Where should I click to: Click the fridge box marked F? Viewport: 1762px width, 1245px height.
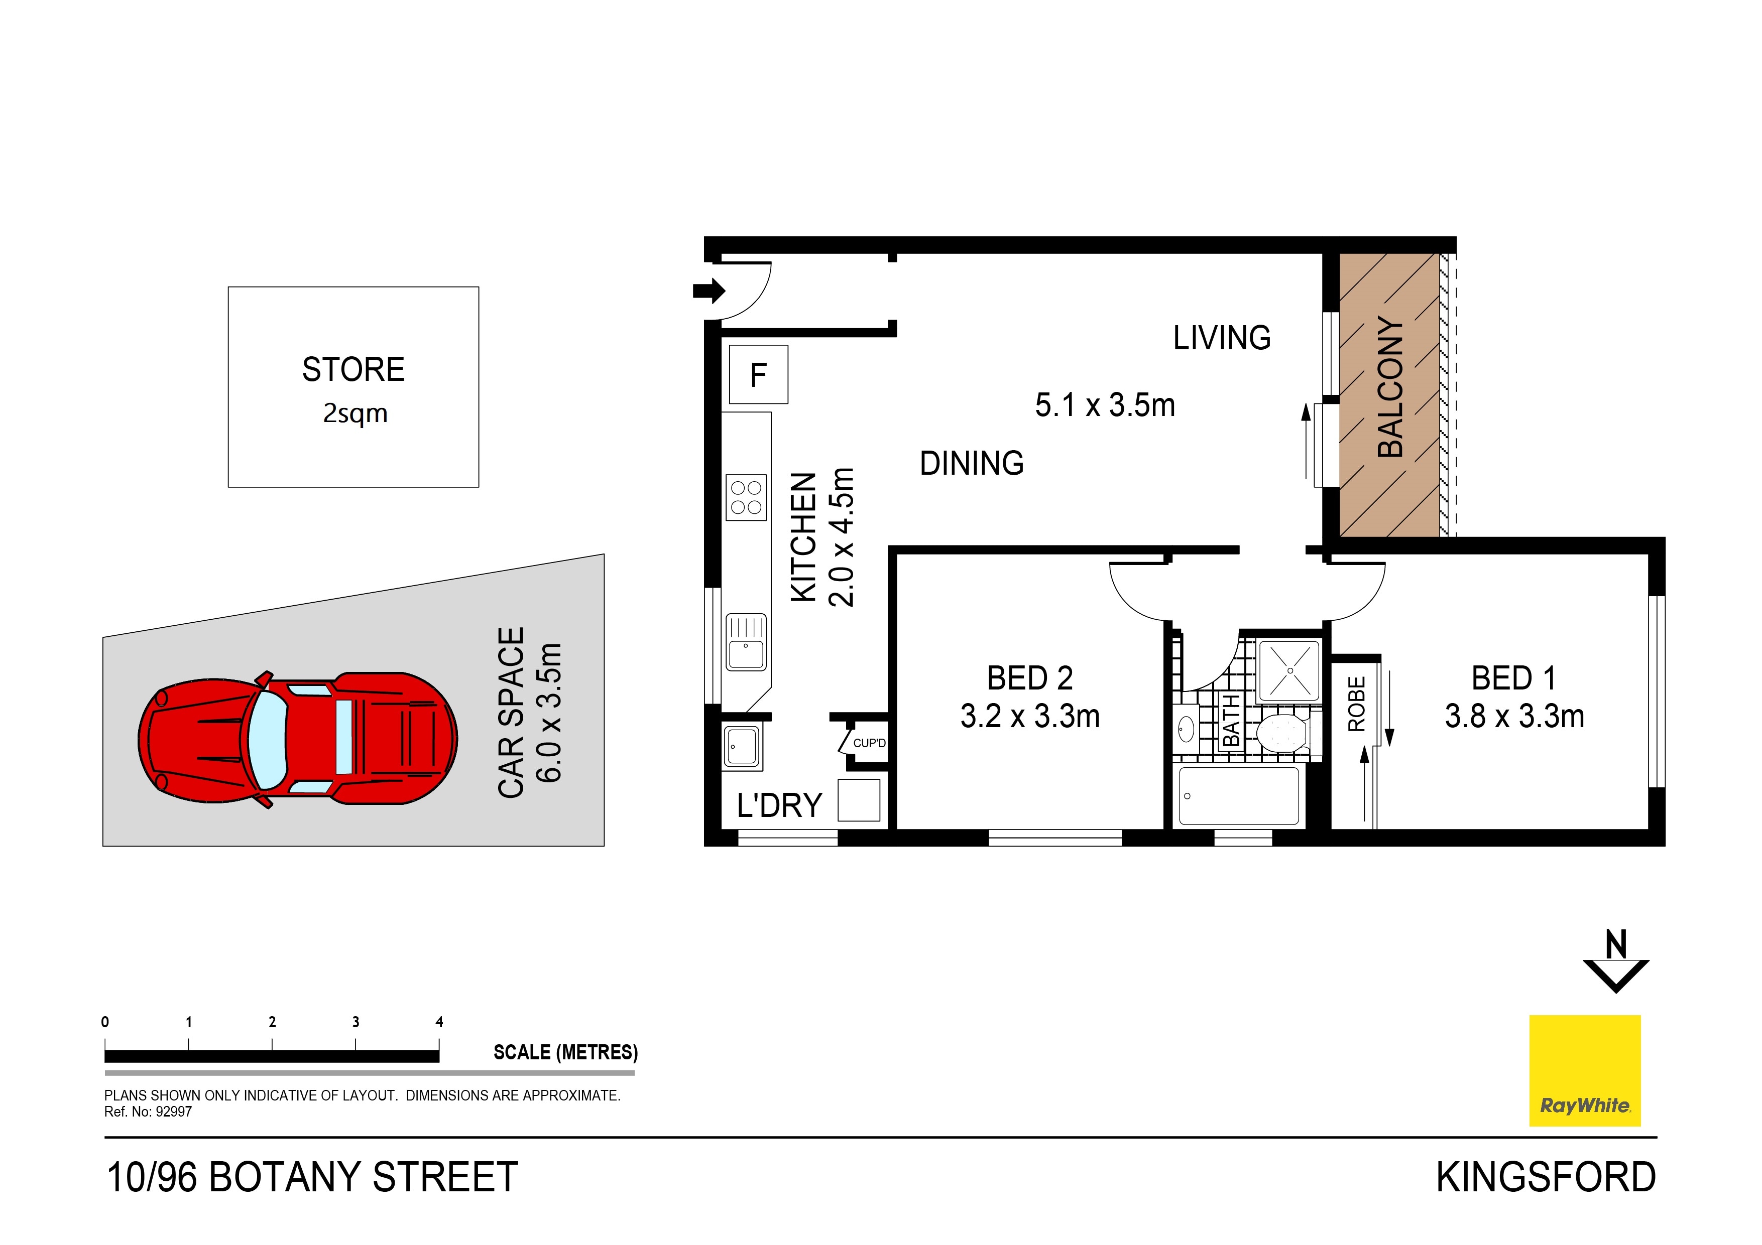[758, 374]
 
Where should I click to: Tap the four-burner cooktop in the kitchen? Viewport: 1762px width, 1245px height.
[746, 497]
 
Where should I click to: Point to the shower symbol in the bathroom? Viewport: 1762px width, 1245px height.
[1289, 670]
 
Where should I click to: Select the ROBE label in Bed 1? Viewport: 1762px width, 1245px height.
[1356, 704]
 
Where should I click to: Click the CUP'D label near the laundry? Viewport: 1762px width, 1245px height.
[869, 743]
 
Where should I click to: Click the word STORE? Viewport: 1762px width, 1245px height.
[353, 370]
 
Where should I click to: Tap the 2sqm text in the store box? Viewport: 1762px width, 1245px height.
[355, 413]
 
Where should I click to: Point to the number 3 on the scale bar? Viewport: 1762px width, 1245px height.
[356, 1022]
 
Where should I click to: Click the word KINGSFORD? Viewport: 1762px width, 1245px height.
[1546, 1177]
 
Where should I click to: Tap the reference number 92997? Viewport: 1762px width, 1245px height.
[173, 1112]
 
